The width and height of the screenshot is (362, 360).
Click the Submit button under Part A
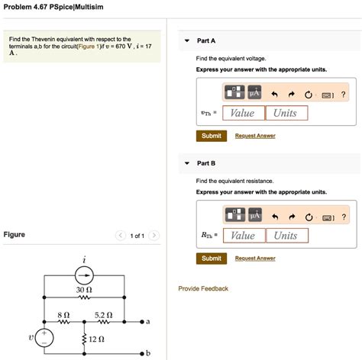212,136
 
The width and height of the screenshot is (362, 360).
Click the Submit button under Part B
212,259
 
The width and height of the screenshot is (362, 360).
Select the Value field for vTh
243,113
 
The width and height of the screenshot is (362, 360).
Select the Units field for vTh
286,113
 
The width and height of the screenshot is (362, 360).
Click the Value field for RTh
243,236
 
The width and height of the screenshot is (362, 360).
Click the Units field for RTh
286,236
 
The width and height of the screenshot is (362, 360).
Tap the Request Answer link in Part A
255,136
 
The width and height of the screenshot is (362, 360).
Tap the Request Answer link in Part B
255,259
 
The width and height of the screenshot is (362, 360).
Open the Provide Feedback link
203,288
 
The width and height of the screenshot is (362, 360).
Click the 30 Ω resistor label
84,291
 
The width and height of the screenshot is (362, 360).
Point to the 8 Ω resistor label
63,314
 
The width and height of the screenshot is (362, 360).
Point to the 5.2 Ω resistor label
103,314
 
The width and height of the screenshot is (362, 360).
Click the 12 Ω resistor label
96,339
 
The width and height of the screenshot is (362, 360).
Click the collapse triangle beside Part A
187,40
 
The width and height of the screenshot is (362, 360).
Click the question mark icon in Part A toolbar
344,94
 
